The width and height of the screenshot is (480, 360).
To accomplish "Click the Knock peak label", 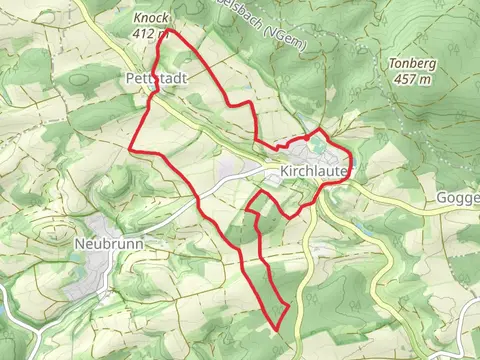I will (150, 19).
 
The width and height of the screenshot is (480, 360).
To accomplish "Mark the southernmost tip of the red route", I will (275, 328).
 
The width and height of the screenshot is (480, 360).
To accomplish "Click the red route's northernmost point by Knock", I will (167, 31).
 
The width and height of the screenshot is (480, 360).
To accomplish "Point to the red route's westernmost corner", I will (131, 148).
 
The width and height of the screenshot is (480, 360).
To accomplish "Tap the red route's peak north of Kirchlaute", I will (321, 130).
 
